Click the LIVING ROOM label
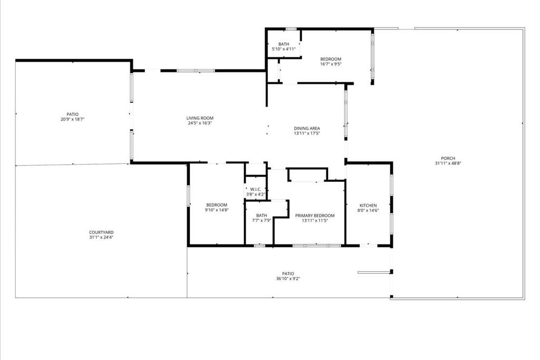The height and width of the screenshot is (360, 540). tap(200, 118)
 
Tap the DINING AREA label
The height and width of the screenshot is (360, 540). tap(307, 128)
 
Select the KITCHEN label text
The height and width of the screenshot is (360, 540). tap(368, 205)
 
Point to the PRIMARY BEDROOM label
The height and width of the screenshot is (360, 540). tap(315, 215)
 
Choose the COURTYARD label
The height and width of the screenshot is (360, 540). tap(101, 232)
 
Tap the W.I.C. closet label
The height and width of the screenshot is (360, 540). tap(256, 189)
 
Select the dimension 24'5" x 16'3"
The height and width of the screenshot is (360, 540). tap(200, 123)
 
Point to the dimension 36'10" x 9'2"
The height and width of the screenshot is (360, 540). tap(288, 278)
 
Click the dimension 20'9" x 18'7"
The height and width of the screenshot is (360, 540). tap(72, 119)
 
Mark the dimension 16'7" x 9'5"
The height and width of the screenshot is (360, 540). tap(331, 64)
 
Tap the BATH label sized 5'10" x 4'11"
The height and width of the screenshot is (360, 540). tap(284, 44)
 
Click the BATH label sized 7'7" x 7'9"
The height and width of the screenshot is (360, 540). tap(262, 215)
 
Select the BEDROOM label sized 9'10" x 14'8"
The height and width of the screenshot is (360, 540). tap(217, 205)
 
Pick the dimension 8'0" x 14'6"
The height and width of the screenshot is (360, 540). tap(368, 210)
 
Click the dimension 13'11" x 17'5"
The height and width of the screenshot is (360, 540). tap(307, 133)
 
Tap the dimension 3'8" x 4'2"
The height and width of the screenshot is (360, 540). tap(256, 194)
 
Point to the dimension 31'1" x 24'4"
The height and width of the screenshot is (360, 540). tap(101, 237)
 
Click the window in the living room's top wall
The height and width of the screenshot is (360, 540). tap(196, 70)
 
